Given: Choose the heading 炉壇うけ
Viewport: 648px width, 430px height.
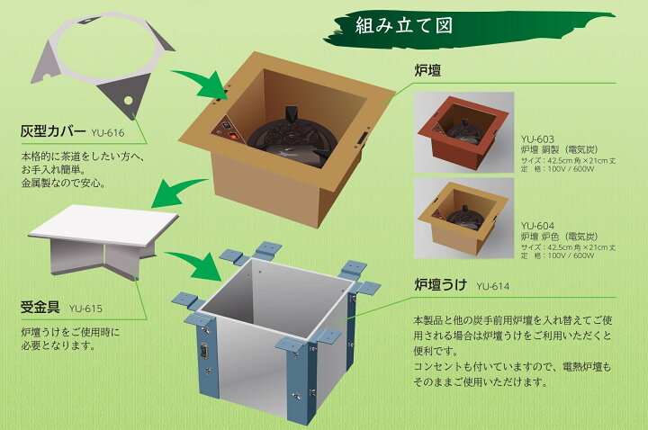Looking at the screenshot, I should [x=441, y=287].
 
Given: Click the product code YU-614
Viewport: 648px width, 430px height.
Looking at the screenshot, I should [x=493, y=288].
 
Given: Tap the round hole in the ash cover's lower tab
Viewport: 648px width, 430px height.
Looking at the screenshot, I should [x=128, y=99].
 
